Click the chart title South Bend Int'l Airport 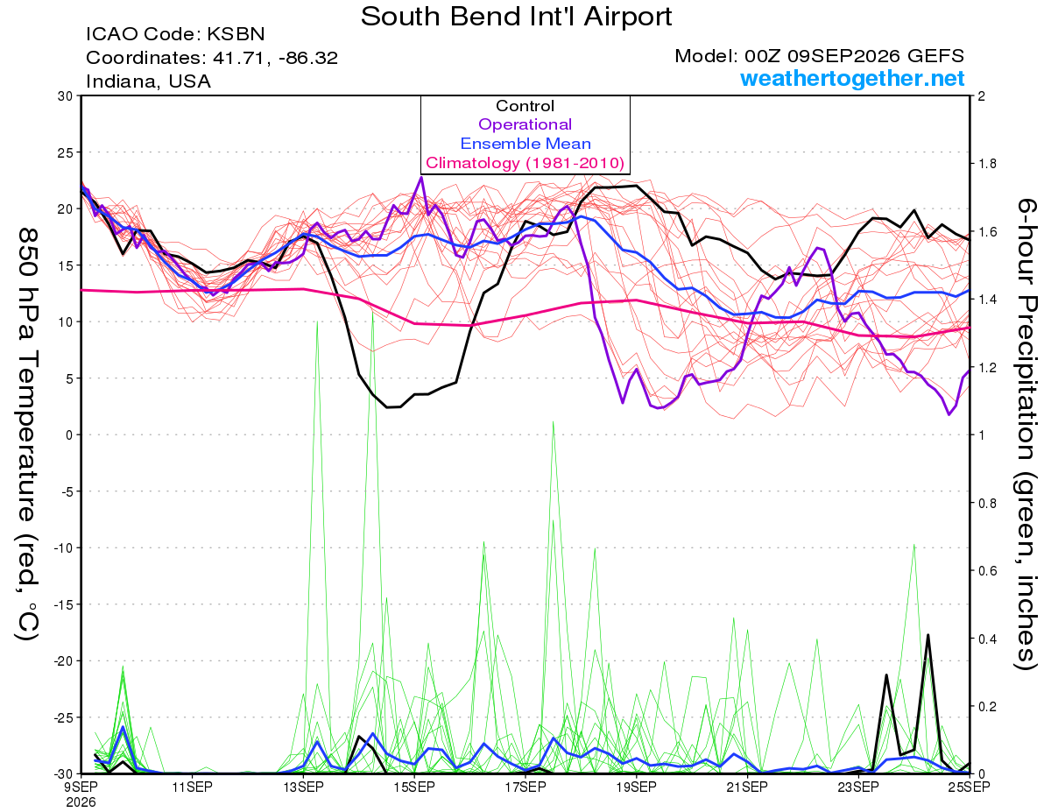click(x=516, y=17)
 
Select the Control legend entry click(x=525, y=106)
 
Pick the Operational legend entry click(x=525, y=124)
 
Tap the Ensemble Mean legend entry click(x=525, y=144)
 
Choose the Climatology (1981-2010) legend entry click(x=525, y=163)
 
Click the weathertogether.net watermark click(x=852, y=79)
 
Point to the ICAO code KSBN click(x=236, y=34)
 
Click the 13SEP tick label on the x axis click(x=303, y=787)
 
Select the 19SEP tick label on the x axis click(x=636, y=787)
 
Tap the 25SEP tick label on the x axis click(x=969, y=787)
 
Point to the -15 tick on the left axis click(x=63, y=604)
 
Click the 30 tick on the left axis click(x=66, y=96)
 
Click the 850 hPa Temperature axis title click(x=27, y=434)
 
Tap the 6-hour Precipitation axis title click(x=1026, y=434)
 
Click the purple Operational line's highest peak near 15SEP click(x=421, y=178)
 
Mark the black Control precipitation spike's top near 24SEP click(x=928, y=635)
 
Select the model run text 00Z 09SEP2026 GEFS click(x=854, y=56)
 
